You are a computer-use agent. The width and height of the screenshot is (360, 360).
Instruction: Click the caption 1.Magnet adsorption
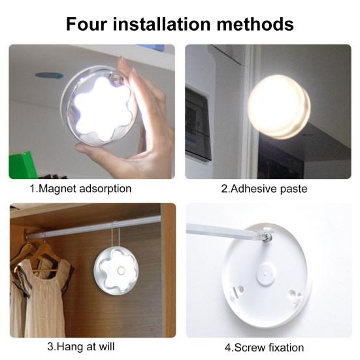coord(80,189)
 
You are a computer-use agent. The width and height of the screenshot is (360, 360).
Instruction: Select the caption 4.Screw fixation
coord(264,347)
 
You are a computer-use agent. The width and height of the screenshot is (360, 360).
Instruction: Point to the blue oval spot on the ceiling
coord(48,75)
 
